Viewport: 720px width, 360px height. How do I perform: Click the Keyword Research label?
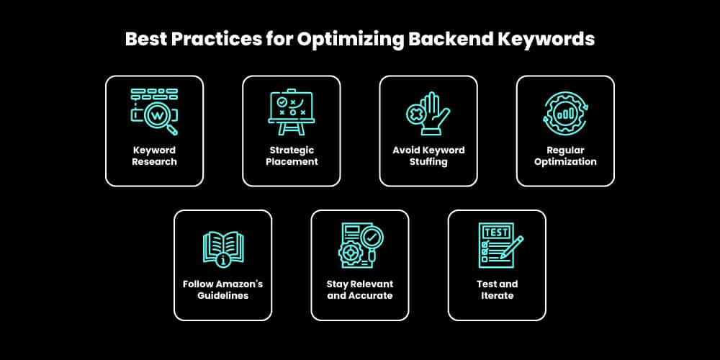154,156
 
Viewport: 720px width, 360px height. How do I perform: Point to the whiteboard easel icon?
291,112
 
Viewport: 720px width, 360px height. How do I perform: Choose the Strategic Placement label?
291,156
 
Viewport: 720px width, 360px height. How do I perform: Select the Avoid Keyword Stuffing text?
428,156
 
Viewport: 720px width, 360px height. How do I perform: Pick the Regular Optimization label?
565,156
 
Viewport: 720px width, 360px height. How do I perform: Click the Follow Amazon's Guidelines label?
222,289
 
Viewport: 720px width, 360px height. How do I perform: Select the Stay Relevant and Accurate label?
360,289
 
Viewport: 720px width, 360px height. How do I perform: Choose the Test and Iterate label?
497,289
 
